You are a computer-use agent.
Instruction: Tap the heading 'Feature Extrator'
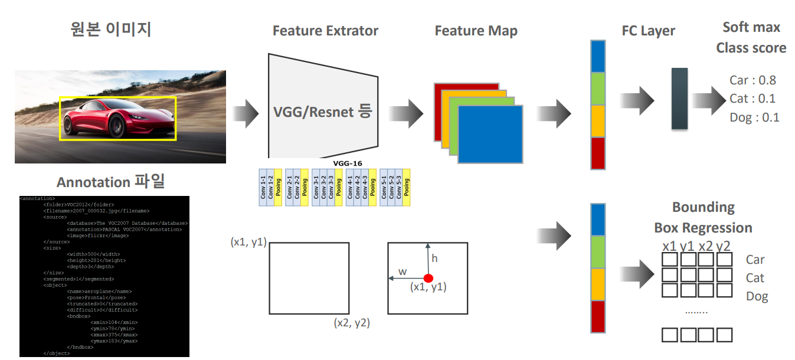click(325, 31)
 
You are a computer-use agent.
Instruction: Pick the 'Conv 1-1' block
click(263, 188)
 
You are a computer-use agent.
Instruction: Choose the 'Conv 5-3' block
click(398, 188)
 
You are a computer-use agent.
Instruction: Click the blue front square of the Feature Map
click(490, 134)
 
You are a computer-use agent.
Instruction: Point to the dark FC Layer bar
click(679, 99)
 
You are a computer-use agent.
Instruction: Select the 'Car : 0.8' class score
click(753, 80)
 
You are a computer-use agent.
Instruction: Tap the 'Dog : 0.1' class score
click(754, 117)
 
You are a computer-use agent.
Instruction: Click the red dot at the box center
click(428, 278)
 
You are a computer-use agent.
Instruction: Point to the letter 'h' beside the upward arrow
click(434, 258)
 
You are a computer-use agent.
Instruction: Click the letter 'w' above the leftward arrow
click(403, 271)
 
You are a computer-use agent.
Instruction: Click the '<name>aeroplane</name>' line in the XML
click(99, 291)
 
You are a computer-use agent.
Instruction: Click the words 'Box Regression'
click(703, 228)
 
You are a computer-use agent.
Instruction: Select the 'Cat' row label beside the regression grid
click(755, 277)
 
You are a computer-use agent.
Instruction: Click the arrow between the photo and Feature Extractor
click(246, 112)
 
